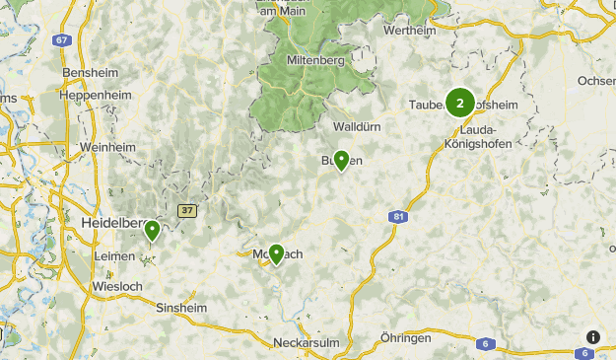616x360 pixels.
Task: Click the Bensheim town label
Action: [88, 74]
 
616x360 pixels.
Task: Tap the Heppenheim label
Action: [95, 95]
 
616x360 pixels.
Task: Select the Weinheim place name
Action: [107, 147]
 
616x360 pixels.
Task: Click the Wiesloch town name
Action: [116, 286]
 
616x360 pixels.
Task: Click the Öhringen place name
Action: [405, 337]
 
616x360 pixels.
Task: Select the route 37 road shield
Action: [187, 210]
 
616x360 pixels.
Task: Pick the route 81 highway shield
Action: [398, 218]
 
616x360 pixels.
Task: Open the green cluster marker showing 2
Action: [459, 103]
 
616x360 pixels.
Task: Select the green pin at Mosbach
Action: [276, 254]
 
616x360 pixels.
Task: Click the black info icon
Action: [592, 336]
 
